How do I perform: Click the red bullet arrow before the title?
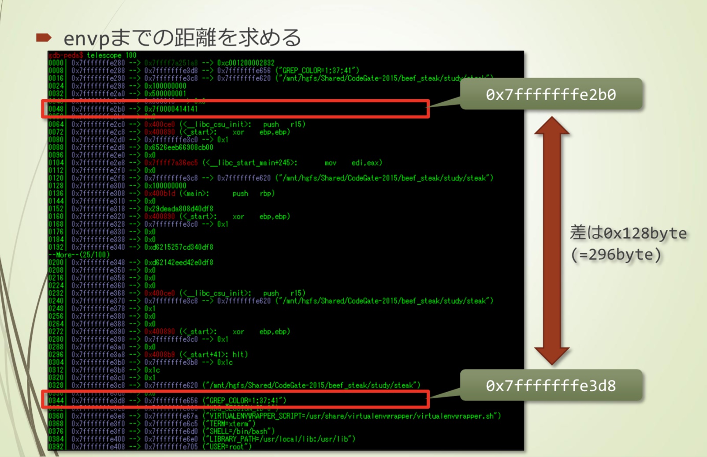click(x=44, y=37)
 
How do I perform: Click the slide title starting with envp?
click(x=182, y=38)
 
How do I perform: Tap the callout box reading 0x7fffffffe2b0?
click(x=551, y=94)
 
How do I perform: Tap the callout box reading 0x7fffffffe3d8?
click(x=551, y=386)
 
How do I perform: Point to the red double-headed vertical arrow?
click(x=551, y=240)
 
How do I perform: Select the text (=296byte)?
click(x=616, y=255)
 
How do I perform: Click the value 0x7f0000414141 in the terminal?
click(x=171, y=109)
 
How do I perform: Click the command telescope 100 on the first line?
click(x=112, y=55)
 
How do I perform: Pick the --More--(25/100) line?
click(x=79, y=255)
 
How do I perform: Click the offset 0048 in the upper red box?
click(x=56, y=109)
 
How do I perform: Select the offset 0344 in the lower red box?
click(x=56, y=401)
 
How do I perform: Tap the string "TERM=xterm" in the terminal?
click(x=229, y=424)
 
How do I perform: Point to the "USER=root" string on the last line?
click(x=227, y=447)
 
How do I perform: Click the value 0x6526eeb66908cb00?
click(x=179, y=147)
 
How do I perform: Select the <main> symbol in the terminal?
click(x=194, y=194)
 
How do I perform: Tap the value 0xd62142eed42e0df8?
click(x=179, y=262)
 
